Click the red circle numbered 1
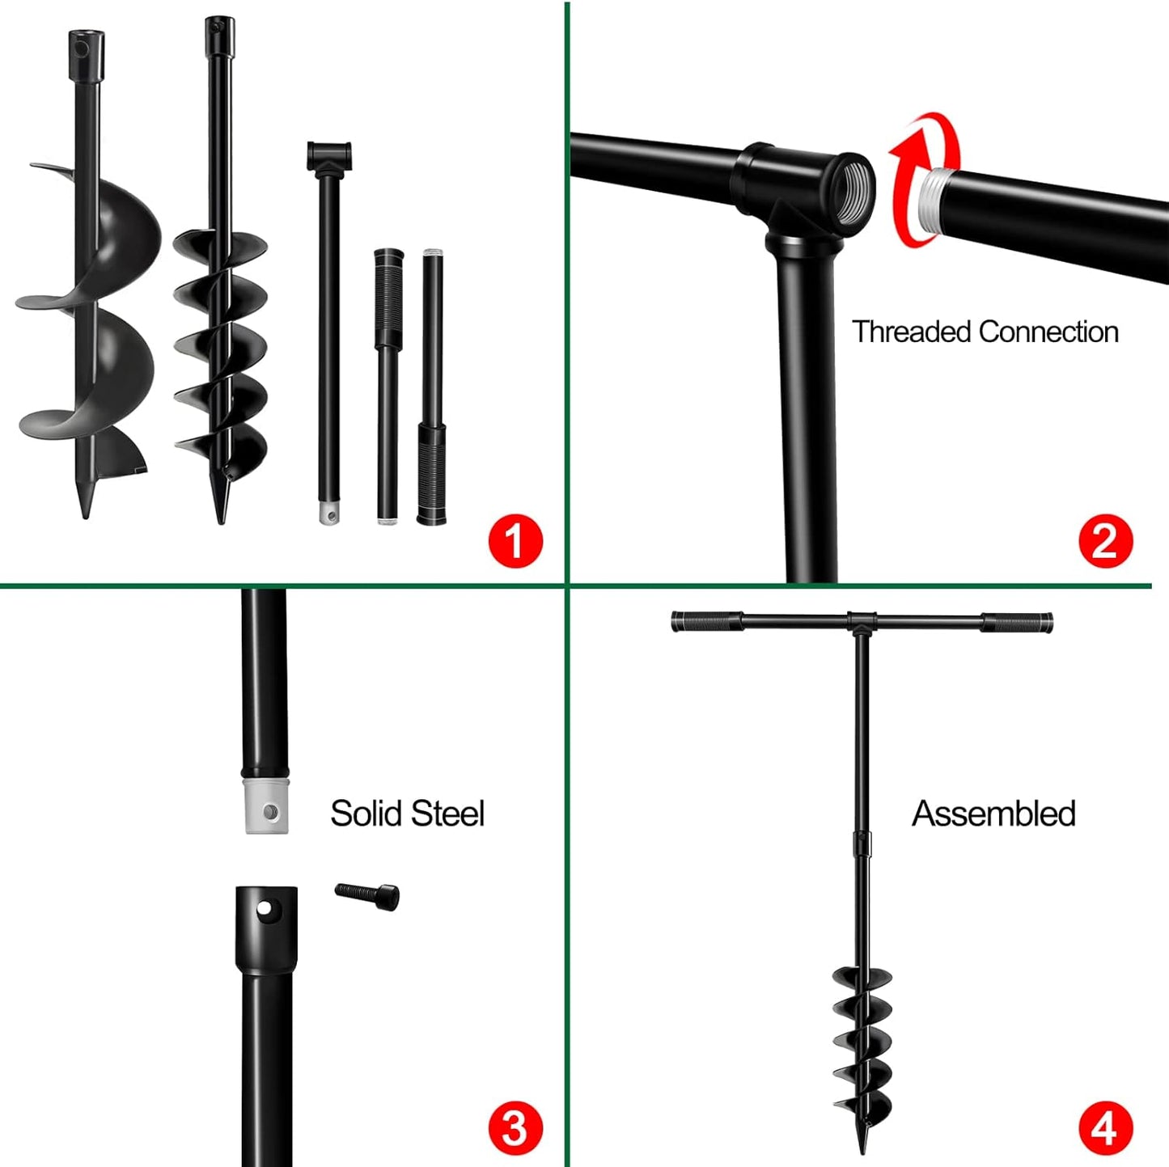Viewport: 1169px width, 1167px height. click(x=515, y=540)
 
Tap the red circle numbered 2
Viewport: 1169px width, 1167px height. click(x=1106, y=540)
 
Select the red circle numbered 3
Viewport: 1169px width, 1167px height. click(x=515, y=1128)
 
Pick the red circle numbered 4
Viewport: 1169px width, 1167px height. click(x=1106, y=1128)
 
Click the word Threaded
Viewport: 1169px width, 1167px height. click(x=911, y=332)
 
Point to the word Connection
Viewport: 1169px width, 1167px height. click(x=1048, y=332)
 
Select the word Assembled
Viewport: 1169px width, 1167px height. click(x=993, y=814)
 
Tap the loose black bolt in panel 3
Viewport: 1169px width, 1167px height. click(x=368, y=895)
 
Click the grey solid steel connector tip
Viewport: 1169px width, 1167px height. click(x=266, y=805)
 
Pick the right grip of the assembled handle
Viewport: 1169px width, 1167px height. click(x=1017, y=623)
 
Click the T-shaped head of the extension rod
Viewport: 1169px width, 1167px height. click(x=329, y=155)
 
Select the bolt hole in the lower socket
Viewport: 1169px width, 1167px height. click(x=264, y=909)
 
